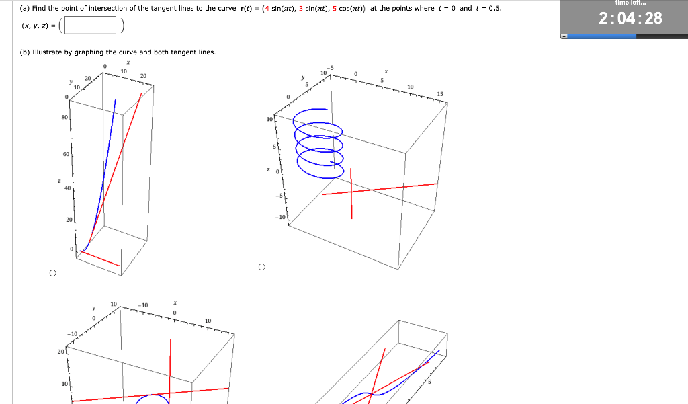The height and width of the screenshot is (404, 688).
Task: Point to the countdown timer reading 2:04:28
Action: (x=624, y=19)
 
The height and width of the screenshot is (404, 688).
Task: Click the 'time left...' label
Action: (x=624, y=3)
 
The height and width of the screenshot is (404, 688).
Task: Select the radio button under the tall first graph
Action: (x=51, y=273)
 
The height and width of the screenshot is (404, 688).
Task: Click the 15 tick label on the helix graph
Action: (x=440, y=93)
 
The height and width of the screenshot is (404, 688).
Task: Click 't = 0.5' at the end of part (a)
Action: (x=488, y=9)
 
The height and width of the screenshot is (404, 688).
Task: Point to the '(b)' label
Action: (x=24, y=52)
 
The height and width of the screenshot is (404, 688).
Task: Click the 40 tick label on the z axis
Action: (x=67, y=188)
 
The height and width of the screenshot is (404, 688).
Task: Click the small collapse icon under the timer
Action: (x=564, y=36)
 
